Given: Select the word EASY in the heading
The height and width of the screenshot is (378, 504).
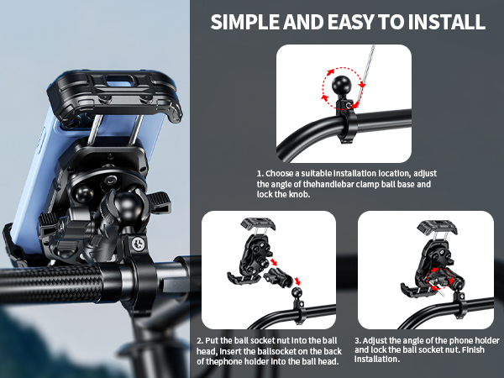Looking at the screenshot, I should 354,22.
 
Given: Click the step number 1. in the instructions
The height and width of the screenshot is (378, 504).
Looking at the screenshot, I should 261,173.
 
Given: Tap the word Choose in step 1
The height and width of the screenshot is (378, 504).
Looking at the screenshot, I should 286,173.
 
